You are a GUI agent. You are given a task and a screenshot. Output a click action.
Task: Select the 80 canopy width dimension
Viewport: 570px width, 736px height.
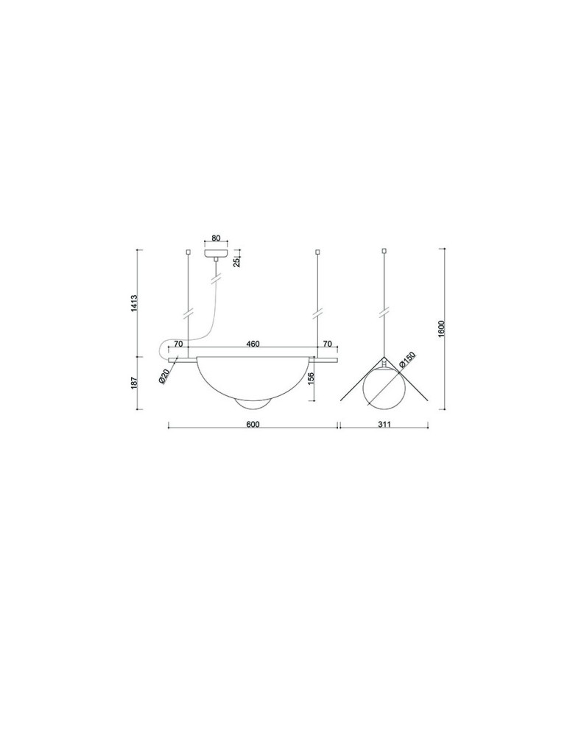click(216, 238)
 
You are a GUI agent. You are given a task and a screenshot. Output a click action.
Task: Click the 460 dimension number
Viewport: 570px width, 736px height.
click(253, 344)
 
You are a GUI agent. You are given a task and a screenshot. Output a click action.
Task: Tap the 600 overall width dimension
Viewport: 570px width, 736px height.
click(253, 425)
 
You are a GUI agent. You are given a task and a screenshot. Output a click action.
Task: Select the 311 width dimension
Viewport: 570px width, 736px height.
click(383, 425)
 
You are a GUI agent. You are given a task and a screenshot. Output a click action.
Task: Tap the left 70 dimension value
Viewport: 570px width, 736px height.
click(178, 344)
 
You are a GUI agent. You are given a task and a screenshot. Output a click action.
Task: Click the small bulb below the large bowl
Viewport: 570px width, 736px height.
click(253, 404)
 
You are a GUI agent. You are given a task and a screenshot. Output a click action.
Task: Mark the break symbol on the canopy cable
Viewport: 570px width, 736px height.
click(216, 280)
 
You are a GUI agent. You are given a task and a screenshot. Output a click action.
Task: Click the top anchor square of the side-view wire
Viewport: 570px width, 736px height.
click(383, 252)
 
